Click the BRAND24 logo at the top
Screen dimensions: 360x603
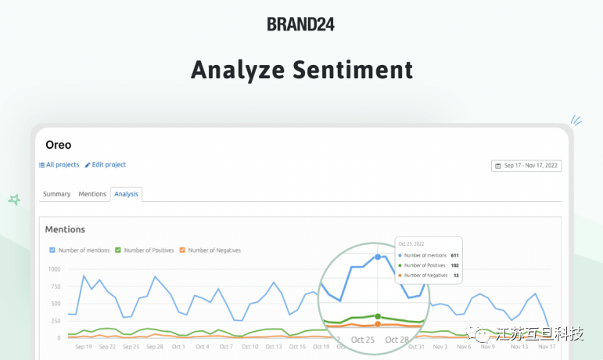pos(300,24)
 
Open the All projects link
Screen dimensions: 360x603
pos(59,165)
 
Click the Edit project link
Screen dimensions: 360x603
pos(106,165)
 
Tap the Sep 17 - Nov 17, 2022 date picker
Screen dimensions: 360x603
pos(526,166)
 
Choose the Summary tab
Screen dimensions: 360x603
pos(56,194)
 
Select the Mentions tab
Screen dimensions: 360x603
pos(92,194)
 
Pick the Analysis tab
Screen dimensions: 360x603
pos(126,194)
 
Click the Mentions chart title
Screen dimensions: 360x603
pos(65,229)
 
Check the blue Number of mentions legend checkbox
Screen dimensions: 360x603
pos(52,250)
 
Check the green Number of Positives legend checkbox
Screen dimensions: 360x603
pos(118,250)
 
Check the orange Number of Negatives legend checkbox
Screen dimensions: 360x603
pos(182,250)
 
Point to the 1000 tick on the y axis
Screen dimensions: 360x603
pos(53,269)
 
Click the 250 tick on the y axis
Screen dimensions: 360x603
pos(55,321)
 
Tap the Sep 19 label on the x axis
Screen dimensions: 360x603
pos(83,347)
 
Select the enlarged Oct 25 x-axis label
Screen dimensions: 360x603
pos(364,340)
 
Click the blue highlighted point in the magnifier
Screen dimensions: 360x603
pos(378,257)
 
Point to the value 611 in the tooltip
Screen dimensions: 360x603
pos(454,256)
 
